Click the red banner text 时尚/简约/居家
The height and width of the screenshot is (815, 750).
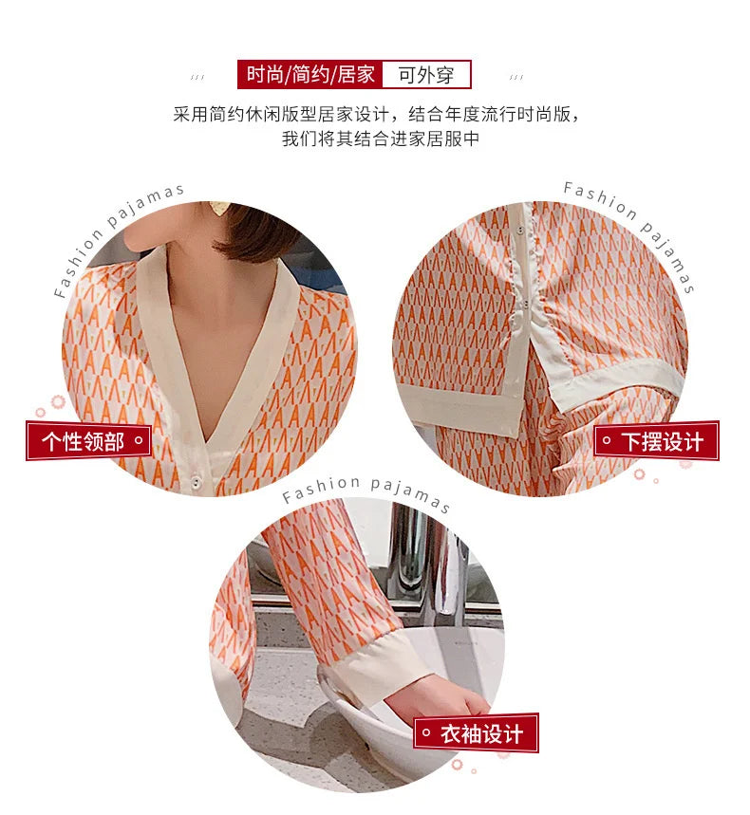(x=310, y=75)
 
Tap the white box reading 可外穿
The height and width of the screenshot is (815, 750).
(x=426, y=75)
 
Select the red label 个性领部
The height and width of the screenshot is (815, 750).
(x=89, y=441)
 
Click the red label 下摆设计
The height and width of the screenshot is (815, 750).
(x=656, y=441)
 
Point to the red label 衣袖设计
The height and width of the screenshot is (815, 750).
(x=476, y=733)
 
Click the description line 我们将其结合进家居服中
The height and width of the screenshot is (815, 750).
(x=380, y=139)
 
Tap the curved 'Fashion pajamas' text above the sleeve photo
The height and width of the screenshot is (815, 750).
(x=366, y=491)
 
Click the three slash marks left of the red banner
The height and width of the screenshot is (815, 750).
(x=197, y=77)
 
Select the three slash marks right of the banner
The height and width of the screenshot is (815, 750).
(x=516, y=77)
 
